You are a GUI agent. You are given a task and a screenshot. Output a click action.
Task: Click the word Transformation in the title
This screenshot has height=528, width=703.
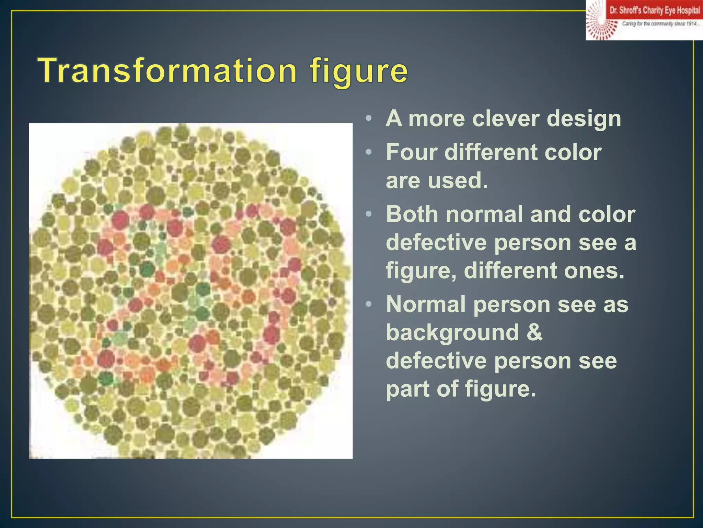(x=168, y=71)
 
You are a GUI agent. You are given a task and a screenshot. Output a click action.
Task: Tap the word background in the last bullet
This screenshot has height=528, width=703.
(x=452, y=333)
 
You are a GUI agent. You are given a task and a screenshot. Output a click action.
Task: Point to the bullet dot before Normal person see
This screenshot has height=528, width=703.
(x=368, y=305)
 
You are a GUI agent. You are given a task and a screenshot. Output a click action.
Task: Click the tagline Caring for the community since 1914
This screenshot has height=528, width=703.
(x=660, y=24)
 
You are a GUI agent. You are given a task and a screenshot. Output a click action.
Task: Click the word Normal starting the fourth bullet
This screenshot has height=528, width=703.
(x=426, y=305)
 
